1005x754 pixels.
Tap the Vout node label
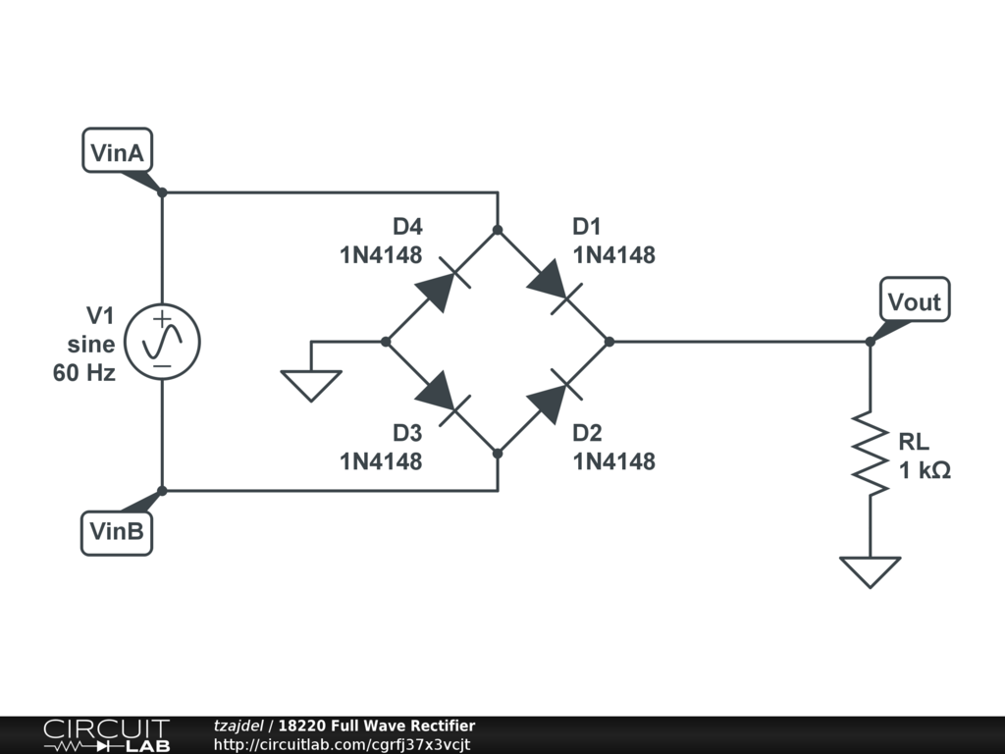[x=914, y=300]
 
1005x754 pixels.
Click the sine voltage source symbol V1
[x=163, y=342]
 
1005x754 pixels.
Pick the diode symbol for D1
[x=554, y=286]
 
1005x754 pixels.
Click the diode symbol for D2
[x=554, y=398]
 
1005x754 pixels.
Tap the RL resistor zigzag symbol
[x=870, y=453]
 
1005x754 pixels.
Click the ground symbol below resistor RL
[x=870, y=570]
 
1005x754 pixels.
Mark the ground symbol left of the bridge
[x=311, y=384]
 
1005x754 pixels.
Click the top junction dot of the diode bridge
[x=498, y=230]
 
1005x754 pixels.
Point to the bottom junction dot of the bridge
[x=498, y=454]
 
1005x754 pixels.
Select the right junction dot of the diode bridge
[x=609, y=342]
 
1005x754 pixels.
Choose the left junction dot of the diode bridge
[x=386, y=342]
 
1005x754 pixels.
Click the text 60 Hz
[x=84, y=373]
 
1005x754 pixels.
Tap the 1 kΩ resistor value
[x=925, y=470]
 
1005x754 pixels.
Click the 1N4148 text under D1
[x=614, y=255]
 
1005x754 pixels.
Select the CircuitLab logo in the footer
[x=106, y=735]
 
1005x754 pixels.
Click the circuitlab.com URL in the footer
[x=343, y=744]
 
